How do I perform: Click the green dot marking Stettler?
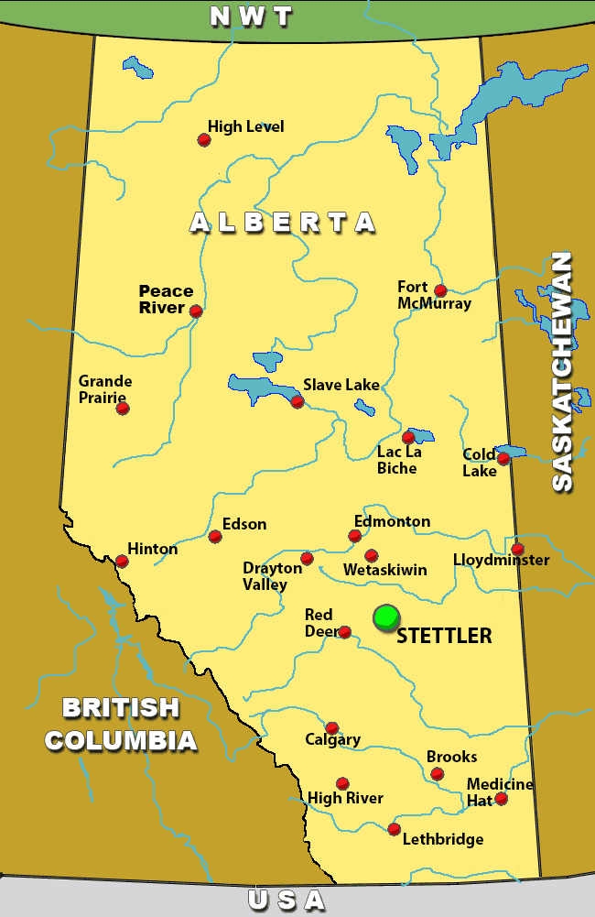386,617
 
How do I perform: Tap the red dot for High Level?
204,140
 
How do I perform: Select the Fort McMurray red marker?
440,290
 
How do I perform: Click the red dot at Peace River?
196,311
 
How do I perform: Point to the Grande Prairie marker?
123,408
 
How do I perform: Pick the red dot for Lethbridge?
394,829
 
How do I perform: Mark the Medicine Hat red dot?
501,799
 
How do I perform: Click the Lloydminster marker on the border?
517,549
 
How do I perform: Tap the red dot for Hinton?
122,561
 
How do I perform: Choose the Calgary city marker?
332,727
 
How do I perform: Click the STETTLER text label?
444,636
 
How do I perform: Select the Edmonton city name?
392,521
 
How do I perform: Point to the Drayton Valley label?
272,576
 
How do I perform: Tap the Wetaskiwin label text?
384,570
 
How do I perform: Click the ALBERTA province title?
283,223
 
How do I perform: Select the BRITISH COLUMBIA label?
121,724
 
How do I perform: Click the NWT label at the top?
251,16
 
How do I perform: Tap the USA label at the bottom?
287,901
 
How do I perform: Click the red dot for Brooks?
438,774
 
